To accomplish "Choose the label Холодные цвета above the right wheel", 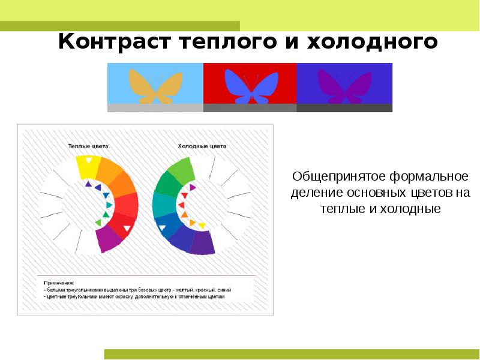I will (202, 146).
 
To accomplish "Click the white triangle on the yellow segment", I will (88, 160).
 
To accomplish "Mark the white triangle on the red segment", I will (128, 229).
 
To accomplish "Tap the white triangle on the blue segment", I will (162, 228).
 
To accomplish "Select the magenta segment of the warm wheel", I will (109, 238).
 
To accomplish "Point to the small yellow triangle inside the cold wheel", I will (202, 226).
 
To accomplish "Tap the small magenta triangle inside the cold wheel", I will (192, 187).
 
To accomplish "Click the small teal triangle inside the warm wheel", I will (109, 205).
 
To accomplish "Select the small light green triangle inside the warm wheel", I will (98, 223).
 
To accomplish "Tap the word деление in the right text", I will (311, 193).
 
